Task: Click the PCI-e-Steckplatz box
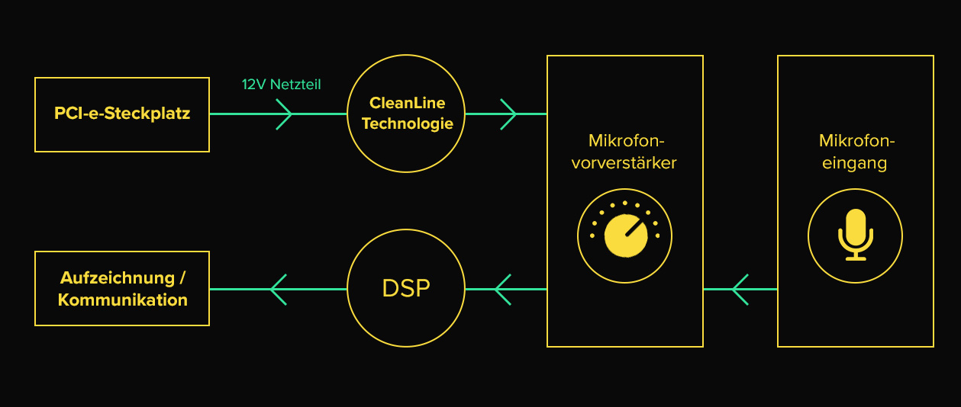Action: pos(122,114)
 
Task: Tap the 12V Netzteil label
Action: pos(281,85)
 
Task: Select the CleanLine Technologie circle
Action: pos(406,114)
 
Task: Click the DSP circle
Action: pos(406,289)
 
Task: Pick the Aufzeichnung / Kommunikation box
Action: pos(122,289)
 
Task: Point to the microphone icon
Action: pos(856,235)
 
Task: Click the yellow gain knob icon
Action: pos(625,236)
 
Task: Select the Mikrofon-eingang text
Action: pos(856,152)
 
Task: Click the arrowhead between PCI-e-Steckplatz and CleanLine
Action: pos(284,114)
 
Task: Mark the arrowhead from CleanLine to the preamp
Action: pos(508,114)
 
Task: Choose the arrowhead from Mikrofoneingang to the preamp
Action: pos(740,290)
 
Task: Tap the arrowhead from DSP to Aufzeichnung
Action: pos(279,290)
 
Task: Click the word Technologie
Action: pos(407,123)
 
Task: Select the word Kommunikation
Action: pos(123,300)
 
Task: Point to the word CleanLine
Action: pos(407,103)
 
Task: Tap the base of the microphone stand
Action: pos(856,258)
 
